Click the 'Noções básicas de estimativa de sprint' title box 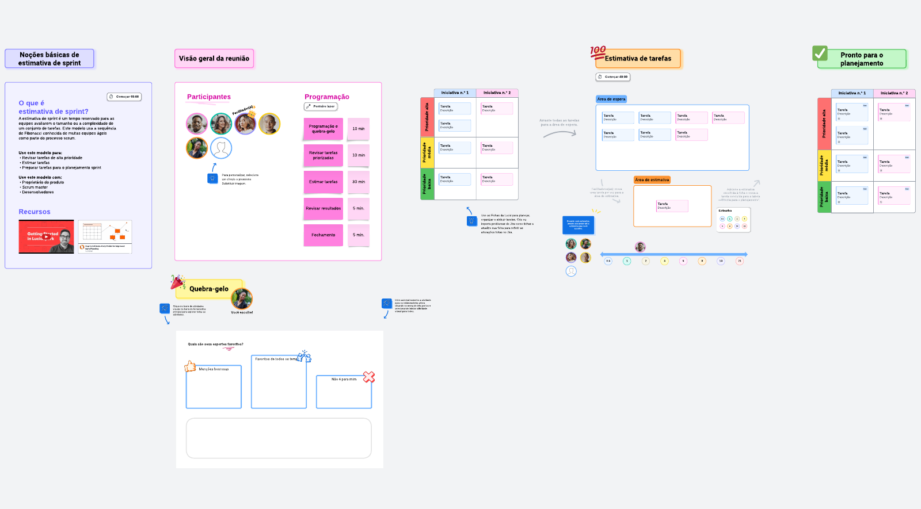(x=50, y=59)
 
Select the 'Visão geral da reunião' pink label (x=214, y=59)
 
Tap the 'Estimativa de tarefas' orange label (x=638, y=59)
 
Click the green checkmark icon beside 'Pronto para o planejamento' (x=820, y=53)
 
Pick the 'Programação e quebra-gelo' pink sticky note (x=323, y=129)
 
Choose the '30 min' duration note (x=359, y=182)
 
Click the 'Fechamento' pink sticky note (x=323, y=235)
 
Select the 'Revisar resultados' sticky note (x=323, y=209)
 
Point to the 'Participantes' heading (x=209, y=97)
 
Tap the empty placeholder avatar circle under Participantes (x=221, y=148)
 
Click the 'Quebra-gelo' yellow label (x=209, y=289)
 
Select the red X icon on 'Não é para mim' (x=369, y=377)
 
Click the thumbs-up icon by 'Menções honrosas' (x=190, y=366)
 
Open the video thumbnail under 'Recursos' (x=46, y=236)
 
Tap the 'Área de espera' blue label (x=611, y=99)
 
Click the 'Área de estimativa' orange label (x=652, y=180)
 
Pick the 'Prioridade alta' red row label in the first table (x=427, y=117)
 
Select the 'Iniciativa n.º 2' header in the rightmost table (x=894, y=93)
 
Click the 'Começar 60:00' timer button (x=124, y=97)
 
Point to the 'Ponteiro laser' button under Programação (x=321, y=106)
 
